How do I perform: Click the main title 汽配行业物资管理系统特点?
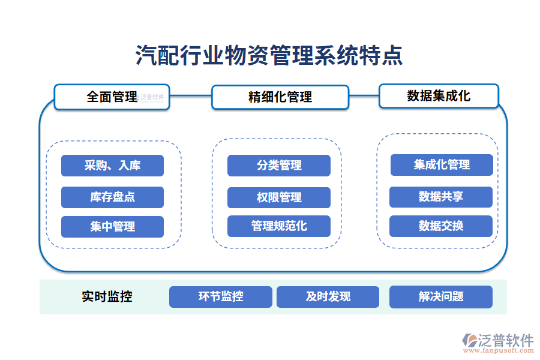269,56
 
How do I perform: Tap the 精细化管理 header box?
280,97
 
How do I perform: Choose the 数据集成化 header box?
439,96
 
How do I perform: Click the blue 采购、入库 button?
112,166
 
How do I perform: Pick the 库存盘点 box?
112,197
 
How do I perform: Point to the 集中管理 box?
112,227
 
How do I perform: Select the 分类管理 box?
279,166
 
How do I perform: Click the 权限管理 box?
279,197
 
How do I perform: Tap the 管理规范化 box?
279,226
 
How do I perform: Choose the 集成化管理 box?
442,165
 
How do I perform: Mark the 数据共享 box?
441,197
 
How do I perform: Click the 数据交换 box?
441,226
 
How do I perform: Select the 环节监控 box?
221,297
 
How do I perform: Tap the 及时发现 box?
328,297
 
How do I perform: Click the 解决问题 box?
441,297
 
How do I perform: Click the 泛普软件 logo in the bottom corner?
498,340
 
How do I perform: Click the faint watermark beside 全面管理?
151,97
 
